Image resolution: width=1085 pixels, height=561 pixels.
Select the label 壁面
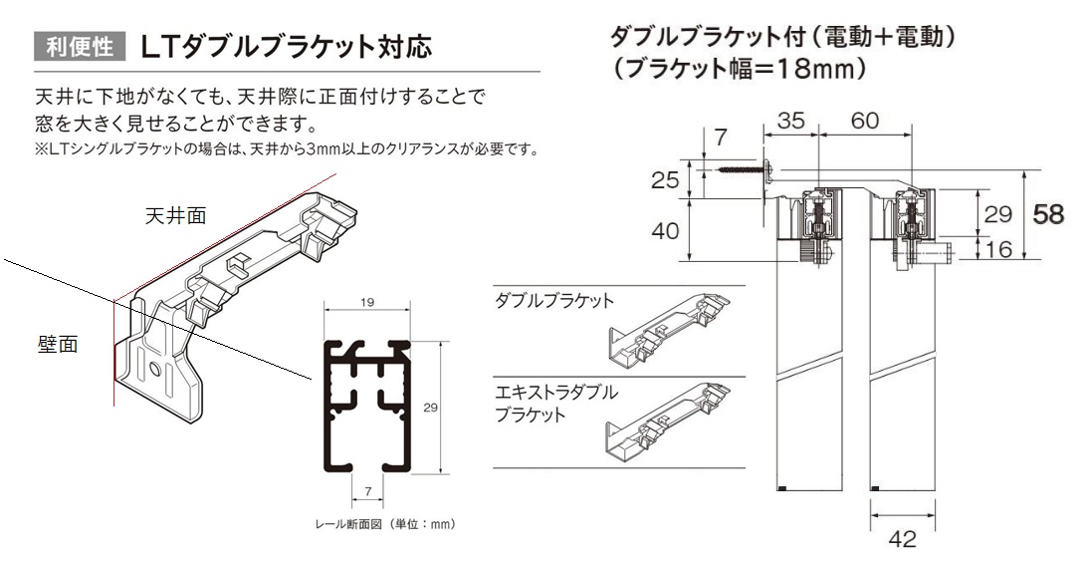pyautogui.click(x=57, y=344)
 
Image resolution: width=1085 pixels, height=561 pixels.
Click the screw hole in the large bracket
pyautogui.click(x=155, y=370)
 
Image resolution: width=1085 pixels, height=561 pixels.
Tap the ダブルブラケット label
pyautogui.click(x=554, y=301)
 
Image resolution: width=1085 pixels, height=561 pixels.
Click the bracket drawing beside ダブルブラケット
pyautogui.click(x=671, y=328)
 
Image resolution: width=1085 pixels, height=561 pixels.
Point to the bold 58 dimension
pyautogui.click(x=1049, y=214)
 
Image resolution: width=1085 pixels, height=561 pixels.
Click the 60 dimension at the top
pyautogui.click(x=864, y=122)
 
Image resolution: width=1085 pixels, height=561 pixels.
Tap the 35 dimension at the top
pyautogui.click(x=791, y=122)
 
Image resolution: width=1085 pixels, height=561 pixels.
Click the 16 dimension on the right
pyautogui.click(x=998, y=249)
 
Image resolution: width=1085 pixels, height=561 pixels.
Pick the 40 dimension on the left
pyautogui.click(x=665, y=232)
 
